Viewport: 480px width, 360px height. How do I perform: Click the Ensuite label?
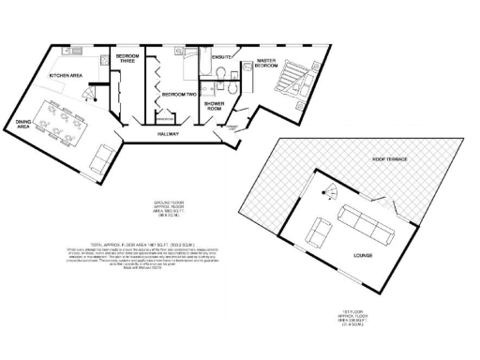click(x=221, y=58)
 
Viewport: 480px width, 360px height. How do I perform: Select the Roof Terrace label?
click(x=386, y=160)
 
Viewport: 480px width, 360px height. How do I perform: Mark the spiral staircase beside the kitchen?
click(x=89, y=93)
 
